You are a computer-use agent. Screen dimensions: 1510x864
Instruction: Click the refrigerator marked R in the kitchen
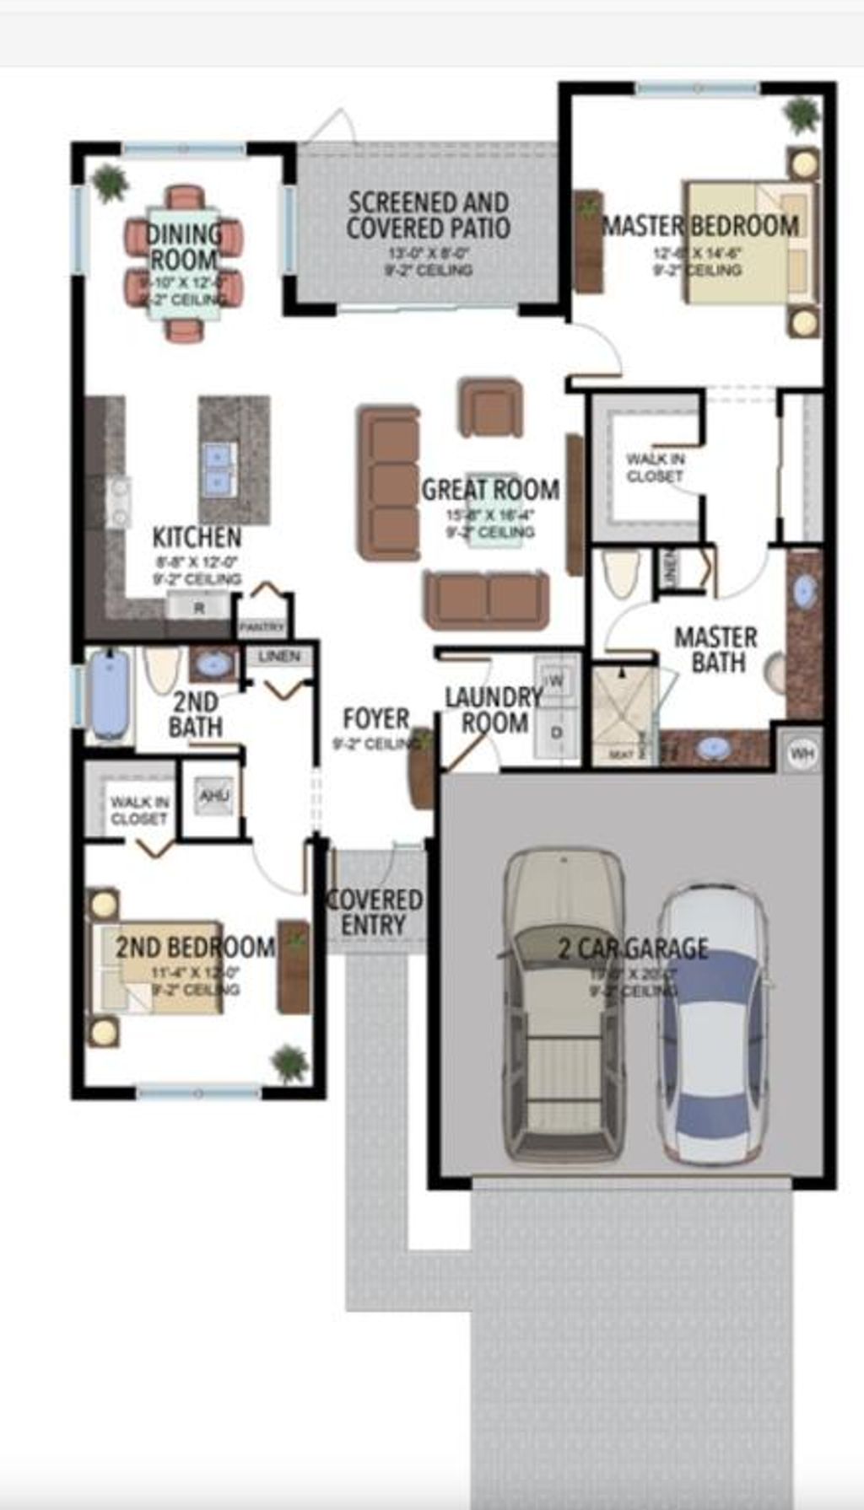click(x=199, y=607)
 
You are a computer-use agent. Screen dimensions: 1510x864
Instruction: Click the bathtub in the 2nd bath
click(x=110, y=695)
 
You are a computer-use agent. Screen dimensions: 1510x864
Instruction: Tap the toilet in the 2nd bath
click(x=161, y=669)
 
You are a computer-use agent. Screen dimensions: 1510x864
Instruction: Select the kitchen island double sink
click(x=218, y=468)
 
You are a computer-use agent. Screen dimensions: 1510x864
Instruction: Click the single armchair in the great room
click(x=490, y=408)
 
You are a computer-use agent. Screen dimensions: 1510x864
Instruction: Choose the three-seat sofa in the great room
click(x=388, y=483)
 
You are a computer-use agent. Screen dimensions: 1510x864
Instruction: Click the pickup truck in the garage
click(x=564, y=1003)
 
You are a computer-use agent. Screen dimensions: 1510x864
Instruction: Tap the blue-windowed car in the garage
click(x=714, y=1024)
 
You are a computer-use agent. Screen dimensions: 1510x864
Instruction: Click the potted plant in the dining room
click(x=110, y=181)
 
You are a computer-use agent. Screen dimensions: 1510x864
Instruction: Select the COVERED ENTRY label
click(x=374, y=912)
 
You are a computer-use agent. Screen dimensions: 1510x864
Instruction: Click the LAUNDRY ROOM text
click(x=494, y=710)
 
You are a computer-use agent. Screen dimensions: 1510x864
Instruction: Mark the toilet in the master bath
click(x=623, y=572)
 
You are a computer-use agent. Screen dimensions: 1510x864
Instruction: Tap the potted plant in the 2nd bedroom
click(x=289, y=1064)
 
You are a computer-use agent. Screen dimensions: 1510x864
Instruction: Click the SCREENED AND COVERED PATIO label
click(x=429, y=215)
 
